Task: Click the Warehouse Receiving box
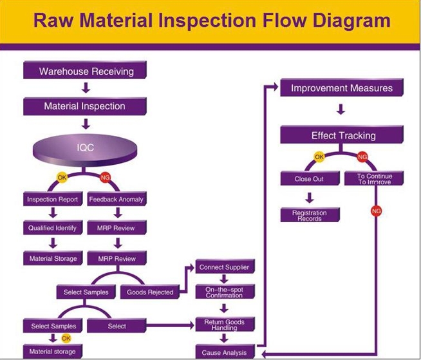(85, 70)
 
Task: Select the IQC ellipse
(85, 150)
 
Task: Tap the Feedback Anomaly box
(117, 199)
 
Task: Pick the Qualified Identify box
(53, 227)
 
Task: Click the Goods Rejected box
(150, 292)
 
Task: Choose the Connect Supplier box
(225, 267)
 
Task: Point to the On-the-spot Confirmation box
(225, 292)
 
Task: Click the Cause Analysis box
(225, 352)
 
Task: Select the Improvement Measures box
(342, 88)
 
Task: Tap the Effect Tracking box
(342, 135)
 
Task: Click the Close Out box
(310, 178)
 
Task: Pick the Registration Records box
(310, 215)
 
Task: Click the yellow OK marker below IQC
(62, 177)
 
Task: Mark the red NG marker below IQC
(106, 177)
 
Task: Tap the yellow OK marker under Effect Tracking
(319, 156)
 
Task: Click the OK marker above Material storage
(66, 338)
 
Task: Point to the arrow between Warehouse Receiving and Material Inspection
(86, 88)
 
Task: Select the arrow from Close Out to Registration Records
(310, 198)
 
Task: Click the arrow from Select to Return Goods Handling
(170, 326)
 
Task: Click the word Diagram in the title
(351, 21)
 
